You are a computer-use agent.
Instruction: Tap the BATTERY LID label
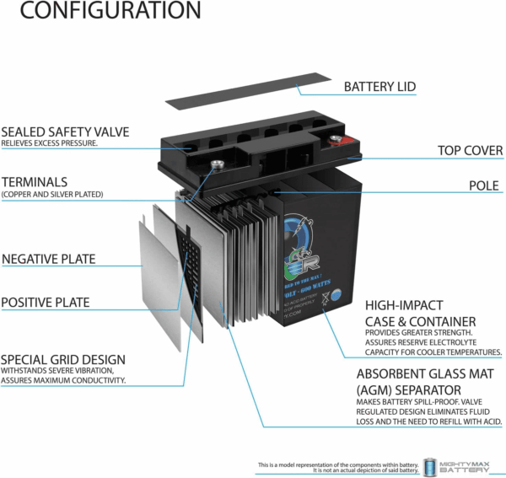[x=379, y=87]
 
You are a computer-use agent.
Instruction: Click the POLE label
[x=485, y=185]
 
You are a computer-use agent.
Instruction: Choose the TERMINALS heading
[x=35, y=181]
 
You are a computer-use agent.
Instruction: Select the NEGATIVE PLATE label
[x=49, y=260]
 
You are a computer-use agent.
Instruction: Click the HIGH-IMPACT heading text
[x=405, y=305]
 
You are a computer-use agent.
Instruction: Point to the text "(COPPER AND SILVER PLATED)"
[x=52, y=195]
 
